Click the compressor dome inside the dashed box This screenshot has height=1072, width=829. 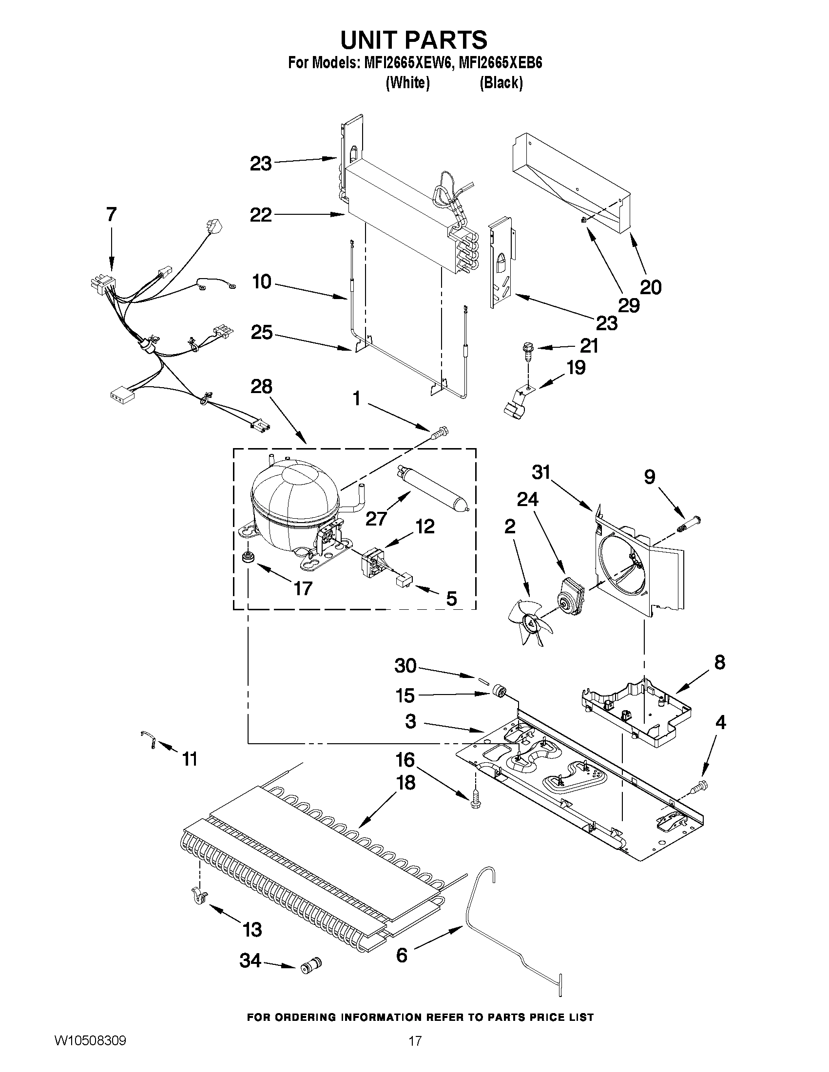coord(294,496)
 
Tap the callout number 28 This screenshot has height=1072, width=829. coord(261,386)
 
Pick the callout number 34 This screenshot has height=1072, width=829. coord(250,961)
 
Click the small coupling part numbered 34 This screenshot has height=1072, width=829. coord(311,966)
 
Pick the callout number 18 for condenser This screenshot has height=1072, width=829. coord(405,782)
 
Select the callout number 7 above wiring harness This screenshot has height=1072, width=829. coord(112,214)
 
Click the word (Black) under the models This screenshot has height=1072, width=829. coord(501,83)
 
